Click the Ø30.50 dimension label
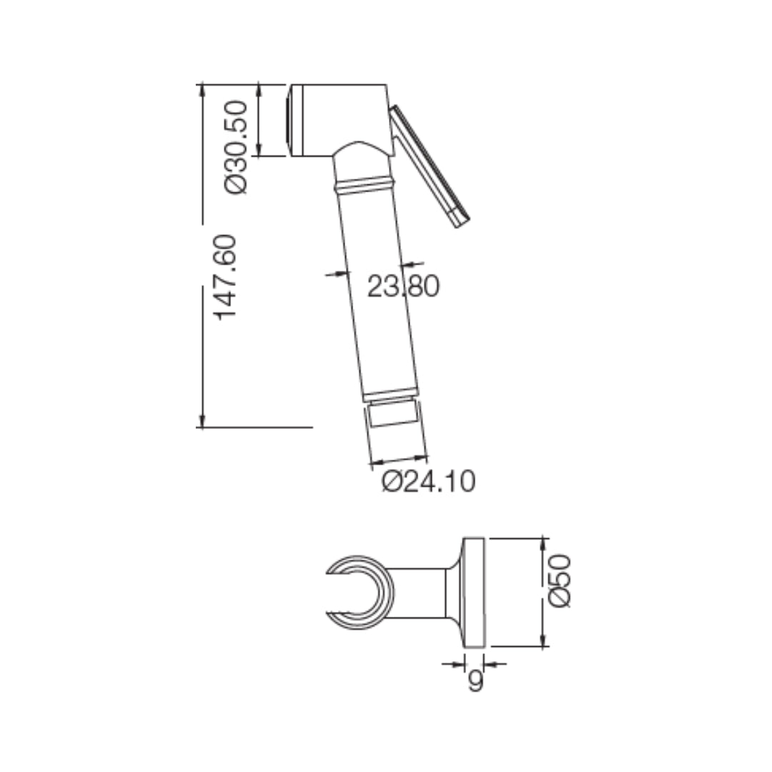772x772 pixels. click(x=237, y=147)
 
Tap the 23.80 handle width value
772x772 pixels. click(x=402, y=286)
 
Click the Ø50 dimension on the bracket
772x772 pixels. click(x=561, y=580)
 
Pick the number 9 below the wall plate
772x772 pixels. click(x=475, y=681)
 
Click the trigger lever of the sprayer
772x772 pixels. click(x=429, y=164)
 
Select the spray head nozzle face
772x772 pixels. click(x=289, y=119)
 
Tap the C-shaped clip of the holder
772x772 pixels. click(x=361, y=592)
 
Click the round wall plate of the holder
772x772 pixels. click(x=475, y=592)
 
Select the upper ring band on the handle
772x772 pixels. click(x=365, y=184)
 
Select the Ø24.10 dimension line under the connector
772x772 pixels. click(x=398, y=460)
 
